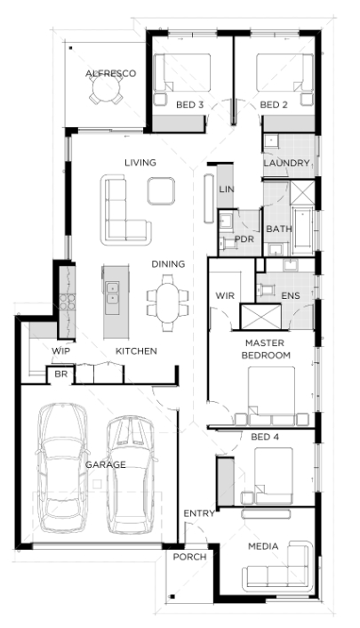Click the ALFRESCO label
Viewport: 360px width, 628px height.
click(110, 73)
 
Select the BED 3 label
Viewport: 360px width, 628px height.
click(190, 105)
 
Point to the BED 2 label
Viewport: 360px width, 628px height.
click(274, 105)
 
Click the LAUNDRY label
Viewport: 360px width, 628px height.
click(286, 163)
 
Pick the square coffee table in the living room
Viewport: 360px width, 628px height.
click(161, 191)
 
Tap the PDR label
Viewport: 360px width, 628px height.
click(244, 239)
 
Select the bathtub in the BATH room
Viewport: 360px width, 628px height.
click(303, 230)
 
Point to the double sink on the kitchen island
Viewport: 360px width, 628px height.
click(111, 293)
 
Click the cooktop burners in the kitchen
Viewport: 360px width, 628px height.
click(67, 302)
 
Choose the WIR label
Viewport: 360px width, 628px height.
click(225, 295)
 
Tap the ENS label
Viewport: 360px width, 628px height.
click(291, 295)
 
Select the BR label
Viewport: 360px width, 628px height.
click(60, 374)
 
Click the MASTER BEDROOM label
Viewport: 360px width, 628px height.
click(266, 349)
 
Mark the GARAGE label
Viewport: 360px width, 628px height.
click(105, 464)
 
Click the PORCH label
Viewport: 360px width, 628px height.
click(189, 557)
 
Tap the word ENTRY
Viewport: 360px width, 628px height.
click(199, 513)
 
